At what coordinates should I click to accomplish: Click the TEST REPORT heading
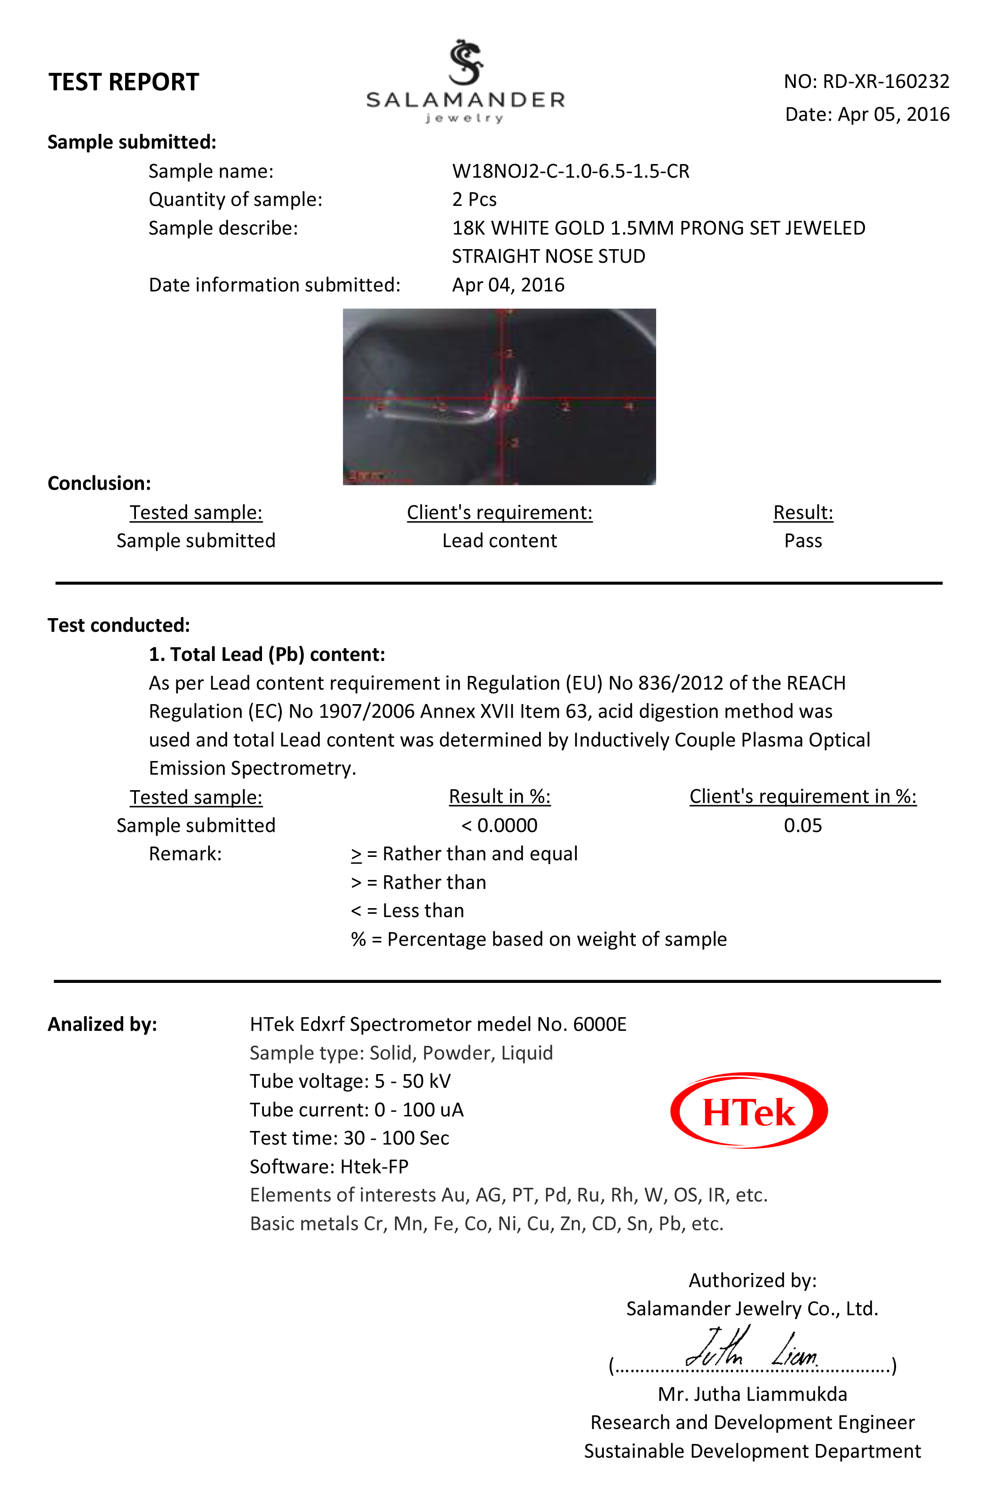pos(124,82)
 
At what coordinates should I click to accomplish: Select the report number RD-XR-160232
pos(885,82)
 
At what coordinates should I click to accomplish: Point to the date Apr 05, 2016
pos(893,114)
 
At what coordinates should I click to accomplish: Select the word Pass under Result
pos(802,541)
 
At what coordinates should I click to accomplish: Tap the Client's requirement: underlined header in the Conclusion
pos(500,512)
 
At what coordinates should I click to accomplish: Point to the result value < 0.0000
pos(500,825)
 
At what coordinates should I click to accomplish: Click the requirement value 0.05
pos(802,825)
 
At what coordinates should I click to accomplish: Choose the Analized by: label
pos(102,1024)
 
